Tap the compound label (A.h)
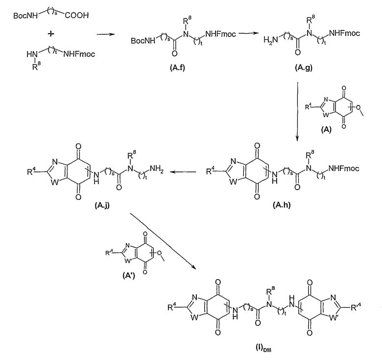point(282,205)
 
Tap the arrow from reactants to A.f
point(105,34)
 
